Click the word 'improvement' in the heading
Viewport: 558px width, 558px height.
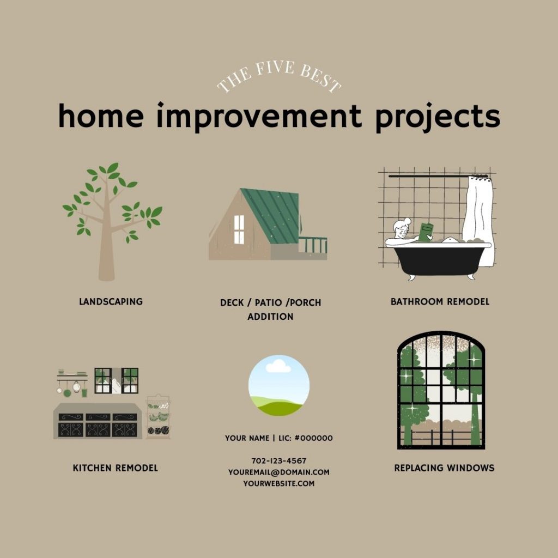point(259,117)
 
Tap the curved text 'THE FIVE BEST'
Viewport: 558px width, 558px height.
point(279,75)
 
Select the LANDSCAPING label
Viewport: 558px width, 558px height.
point(111,302)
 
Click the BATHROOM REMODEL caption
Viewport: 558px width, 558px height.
point(440,302)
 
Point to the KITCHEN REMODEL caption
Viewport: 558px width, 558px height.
point(116,468)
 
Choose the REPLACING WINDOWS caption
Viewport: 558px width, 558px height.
point(444,468)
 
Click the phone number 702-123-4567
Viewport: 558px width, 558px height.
point(279,461)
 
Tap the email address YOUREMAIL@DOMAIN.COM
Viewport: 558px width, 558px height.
point(279,472)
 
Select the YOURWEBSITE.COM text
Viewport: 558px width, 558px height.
point(279,484)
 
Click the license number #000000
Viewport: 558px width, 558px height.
point(313,438)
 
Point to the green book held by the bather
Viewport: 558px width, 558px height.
point(426,232)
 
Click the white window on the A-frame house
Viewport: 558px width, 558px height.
point(239,229)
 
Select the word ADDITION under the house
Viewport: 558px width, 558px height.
point(270,317)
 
